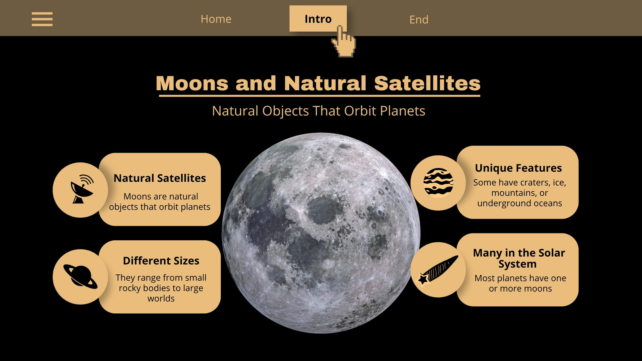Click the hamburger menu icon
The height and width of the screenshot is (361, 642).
(x=42, y=19)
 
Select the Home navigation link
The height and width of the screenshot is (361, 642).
(x=216, y=19)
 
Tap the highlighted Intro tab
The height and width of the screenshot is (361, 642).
(x=318, y=18)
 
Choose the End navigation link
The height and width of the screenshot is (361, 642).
(x=419, y=20)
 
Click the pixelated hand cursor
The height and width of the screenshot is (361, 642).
(x=344, y=42)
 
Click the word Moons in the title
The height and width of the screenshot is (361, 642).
(x=192, y=83)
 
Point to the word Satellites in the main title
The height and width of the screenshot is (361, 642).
(x=427, y=83)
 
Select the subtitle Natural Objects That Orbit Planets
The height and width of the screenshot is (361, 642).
(x=319, y=111)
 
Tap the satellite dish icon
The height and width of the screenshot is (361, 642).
(x=82, y=189)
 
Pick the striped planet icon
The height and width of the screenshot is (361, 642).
(x=438, y=183)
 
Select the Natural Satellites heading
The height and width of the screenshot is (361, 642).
(x=160, y=178)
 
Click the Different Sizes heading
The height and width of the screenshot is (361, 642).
(x=161, y=261)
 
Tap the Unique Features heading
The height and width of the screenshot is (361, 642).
(x=518, y=168)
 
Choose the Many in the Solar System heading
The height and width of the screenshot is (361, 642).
(x=519, y=258)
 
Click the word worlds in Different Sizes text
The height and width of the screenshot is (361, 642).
(x=161, y=298)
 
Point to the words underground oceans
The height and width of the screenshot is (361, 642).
(x=520, y=203)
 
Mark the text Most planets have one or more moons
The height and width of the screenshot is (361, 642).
(x=520, y=283)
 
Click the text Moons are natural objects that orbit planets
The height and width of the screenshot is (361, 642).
(x=160, y=201)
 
